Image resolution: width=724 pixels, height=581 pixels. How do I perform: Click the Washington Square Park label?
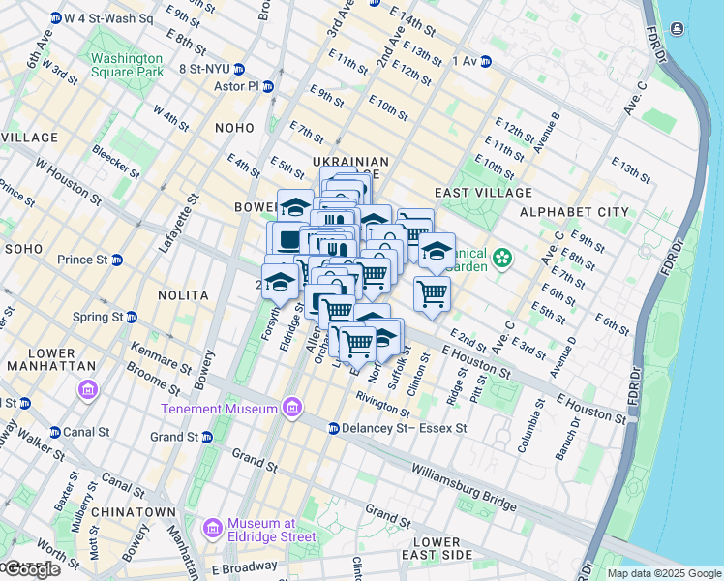[127, 64]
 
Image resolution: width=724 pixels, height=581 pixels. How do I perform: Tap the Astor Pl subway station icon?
[268, 86]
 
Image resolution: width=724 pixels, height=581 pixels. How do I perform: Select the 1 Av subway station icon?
[486, 61]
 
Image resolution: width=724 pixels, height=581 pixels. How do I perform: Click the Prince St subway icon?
[117, 260]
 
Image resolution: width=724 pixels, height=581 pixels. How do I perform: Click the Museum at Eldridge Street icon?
[212, 530]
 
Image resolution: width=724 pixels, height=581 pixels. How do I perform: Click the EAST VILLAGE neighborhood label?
[474, 194]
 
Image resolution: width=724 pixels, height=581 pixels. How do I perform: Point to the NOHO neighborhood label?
[235, 128]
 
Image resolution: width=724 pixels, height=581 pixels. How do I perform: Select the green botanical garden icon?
[501, 258]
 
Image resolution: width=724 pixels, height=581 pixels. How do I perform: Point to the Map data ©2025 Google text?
[663, 573]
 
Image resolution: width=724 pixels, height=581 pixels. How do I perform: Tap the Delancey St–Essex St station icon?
[333, 428]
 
